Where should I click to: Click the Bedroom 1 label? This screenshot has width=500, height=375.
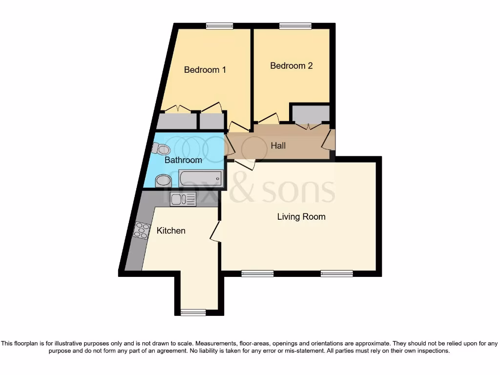[205, 70]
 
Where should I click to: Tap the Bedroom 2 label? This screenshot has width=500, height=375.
[291, 65]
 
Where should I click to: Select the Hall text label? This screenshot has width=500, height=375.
[278, 146]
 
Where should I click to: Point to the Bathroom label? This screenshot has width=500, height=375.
[183, 160]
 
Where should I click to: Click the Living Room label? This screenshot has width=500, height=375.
[301, 216]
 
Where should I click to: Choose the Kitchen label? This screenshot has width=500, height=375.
[171, 230]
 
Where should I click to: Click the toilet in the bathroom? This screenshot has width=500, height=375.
[161, 148]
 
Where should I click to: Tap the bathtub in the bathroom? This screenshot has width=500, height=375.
[201, 178]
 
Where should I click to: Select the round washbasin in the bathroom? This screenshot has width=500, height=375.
[163, 181]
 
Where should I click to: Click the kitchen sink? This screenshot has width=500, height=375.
[183, 199]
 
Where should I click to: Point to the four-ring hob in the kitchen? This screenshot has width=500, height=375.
[141, 230]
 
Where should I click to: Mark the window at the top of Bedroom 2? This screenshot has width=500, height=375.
[295, 26]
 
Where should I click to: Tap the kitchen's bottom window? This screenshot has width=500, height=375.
[193, 312]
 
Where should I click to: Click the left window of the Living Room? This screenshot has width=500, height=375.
[257, 274]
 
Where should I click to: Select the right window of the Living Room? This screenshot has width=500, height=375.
[336, 274]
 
